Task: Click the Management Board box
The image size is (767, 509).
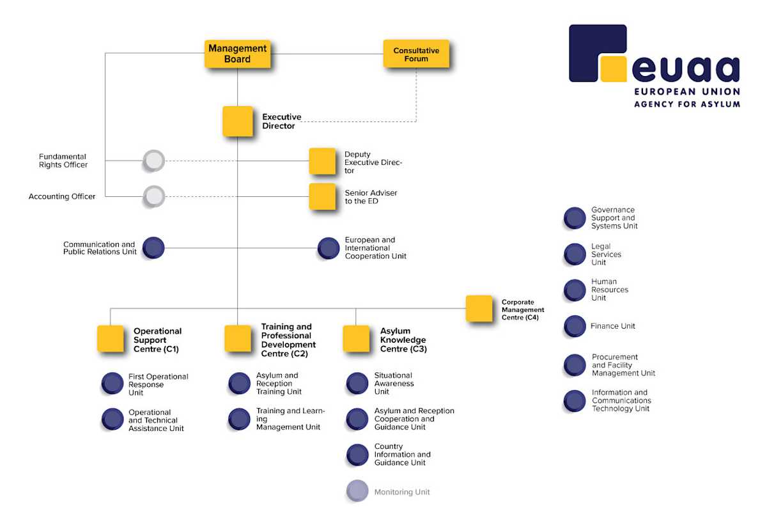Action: [x=237, y=54]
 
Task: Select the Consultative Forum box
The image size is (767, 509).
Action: [x=416, y=54]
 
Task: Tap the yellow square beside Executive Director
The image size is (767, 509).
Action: [x=238, y=121]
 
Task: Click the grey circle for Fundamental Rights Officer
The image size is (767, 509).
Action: [x=153, y=161]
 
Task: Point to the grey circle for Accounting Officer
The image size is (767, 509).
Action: [x=153, y=196]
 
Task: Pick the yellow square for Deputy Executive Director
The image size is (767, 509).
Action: [x=322, y=161]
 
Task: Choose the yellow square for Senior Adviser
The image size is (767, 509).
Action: [x=322, y=196]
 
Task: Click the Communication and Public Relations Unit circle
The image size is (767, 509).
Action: [x=153, y=247]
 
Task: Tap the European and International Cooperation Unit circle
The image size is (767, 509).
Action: [x=329, y=248]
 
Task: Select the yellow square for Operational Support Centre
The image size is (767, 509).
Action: [x=111, y=339]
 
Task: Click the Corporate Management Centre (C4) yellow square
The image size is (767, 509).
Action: [x=479, y=308]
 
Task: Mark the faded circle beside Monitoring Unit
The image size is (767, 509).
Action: [x=357, y=491]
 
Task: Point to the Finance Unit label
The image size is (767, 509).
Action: [x=612, y=326]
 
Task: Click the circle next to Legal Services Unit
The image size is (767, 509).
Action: [x=575, y=254]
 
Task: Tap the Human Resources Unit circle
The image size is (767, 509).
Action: [x=575, y=290]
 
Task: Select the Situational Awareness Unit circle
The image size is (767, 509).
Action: [x=357, y=384]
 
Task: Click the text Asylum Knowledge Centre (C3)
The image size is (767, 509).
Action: [x=403, y=340]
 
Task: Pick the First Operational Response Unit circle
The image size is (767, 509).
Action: [x=112, y=384]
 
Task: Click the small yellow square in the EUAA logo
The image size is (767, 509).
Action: [x=613, y=69]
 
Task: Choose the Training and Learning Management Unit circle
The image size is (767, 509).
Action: [x=239, y=419]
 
